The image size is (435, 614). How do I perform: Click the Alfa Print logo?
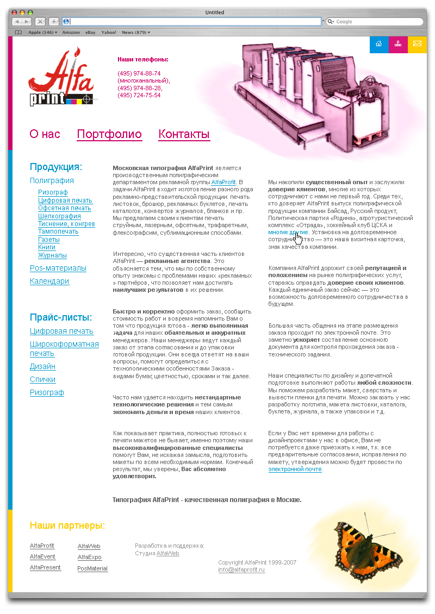click(x=61, y=78)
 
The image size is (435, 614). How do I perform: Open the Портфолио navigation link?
click(x=109, y=134)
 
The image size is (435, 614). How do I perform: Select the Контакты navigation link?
click(x=184, y=134)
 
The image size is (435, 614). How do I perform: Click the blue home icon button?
click(x=378, y=44)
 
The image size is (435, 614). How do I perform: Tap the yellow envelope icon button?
click(x=417, y=44)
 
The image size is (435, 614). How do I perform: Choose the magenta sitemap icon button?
click(x=398, y=44)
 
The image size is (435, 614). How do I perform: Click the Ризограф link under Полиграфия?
click(x=53, y=192)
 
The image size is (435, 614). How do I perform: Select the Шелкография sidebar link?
click(x=59, y=216)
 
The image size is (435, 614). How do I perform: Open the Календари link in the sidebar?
click(x=49, y=281)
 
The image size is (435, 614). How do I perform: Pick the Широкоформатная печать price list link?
click(x=64, y=348)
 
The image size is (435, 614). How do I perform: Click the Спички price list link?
click(x=42, y=379)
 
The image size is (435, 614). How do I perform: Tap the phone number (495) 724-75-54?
click(x=139, y=95)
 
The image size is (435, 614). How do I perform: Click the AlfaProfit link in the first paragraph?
click(x=223, y=183)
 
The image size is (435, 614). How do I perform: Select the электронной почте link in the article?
click(x=295, y=469)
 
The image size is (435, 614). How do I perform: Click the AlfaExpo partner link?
click(x=89, y=557)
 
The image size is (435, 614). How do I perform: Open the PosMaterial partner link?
click(x=92, y=568)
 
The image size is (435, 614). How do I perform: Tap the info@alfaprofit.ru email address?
click(x=241, y=569)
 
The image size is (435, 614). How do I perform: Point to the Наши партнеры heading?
click(x=67, y=525)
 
